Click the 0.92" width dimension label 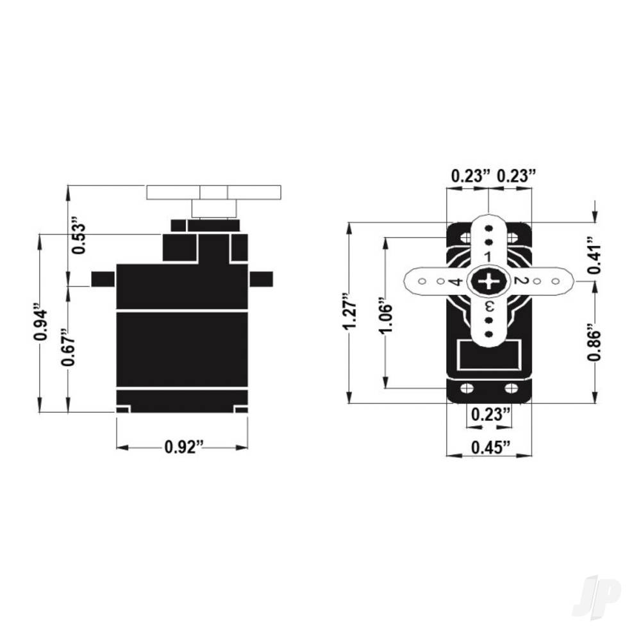point(183,447)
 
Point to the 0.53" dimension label point(78,237)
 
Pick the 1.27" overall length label point(349,313)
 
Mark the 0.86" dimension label point(595,346)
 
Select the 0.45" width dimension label point(489,447)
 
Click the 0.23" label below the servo point(489,415)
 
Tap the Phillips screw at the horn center point(489,281)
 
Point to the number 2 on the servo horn point(520,281)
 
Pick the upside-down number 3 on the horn point(489,306)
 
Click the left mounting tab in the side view point(103,279)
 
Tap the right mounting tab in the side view point(262,279)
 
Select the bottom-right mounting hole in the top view point(511,388)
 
